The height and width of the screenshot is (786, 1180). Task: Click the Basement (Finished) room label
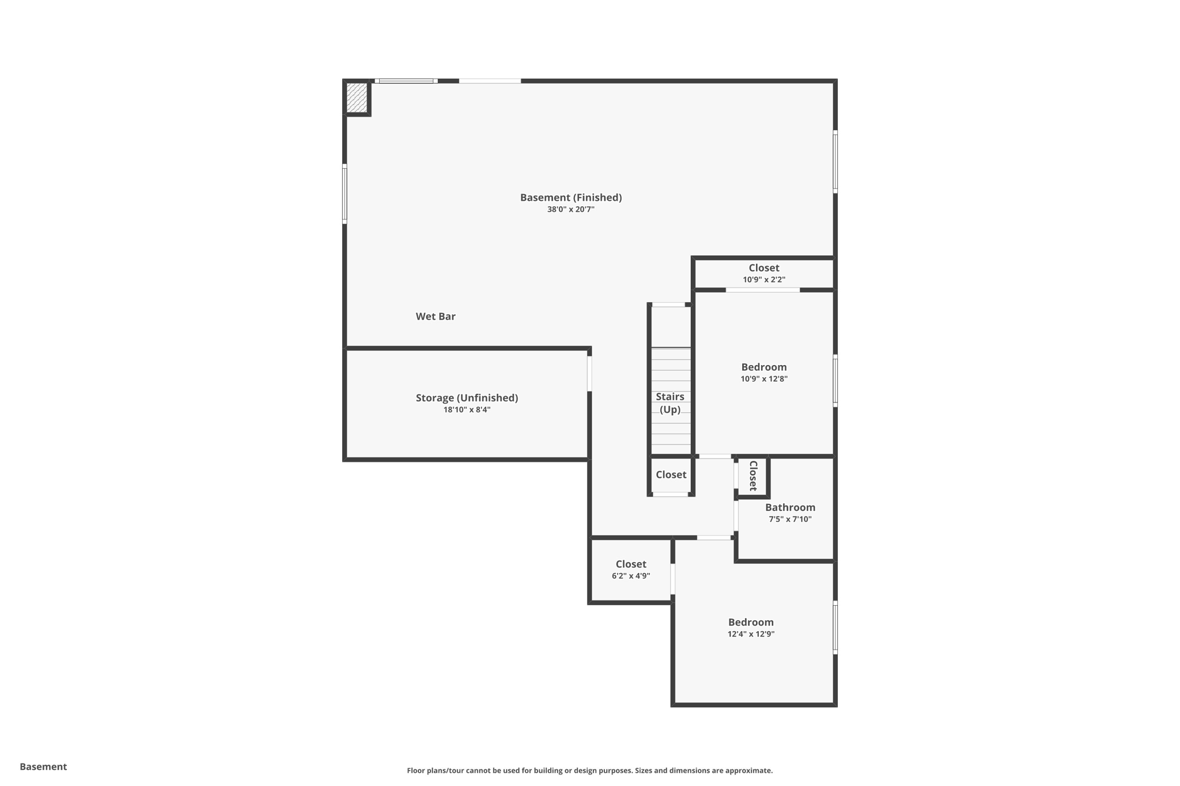click(x=570, y=198)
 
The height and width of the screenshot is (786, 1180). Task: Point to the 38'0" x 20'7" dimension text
click(x=570, y=210)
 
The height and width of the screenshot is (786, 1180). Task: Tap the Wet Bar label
click(x=436, y=316)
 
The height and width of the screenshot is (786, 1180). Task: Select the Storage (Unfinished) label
click(x=467, y=398)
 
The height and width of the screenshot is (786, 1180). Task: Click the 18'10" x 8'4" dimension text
click(x=467, y=410)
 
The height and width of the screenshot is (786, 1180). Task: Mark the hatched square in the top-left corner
click(x=357, y=98)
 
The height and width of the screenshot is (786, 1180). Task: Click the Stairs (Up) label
click(x=670, y=403)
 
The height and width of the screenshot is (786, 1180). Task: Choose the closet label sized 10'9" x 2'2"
click(x=764, y=268)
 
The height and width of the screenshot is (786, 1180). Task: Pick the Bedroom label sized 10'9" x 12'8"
click(x=764, y=367)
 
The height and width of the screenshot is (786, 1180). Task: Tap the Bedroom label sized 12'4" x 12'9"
click(x=751, y=622)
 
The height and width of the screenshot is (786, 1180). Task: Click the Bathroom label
click(x=790, y=507)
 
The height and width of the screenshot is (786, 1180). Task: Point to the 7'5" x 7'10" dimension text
click(x=790, y=519)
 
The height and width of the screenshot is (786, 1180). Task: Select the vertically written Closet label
click(x=753, y=476)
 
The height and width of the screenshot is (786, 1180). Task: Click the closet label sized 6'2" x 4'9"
click(x=631, y=564)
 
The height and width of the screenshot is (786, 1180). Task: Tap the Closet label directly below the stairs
click(x=671, y=474)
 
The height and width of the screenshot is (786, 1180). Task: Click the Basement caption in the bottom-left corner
click(x=43, y=766)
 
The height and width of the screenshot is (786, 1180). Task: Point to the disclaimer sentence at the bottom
click(x=589, y=770)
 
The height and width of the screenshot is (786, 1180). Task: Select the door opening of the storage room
click(x=589, y=374)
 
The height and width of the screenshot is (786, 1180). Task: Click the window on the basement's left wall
click(x=345, y=194)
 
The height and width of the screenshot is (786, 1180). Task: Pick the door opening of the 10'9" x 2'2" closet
click(x=762, y=290)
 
